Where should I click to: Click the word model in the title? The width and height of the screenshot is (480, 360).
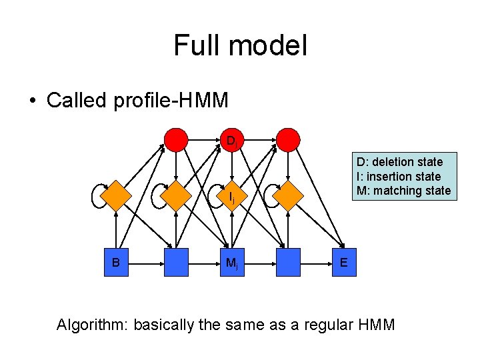pyautogui.click(x=268, y=46)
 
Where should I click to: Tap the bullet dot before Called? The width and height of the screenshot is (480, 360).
pyautogui.click(x=32, y=101)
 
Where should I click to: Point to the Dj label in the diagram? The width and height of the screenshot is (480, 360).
pyautogui.click(x=231, y=141)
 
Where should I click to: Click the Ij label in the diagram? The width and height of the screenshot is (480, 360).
pyautogui.click(x=231, y=197)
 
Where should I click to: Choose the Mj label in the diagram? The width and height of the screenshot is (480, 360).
pyautogui.click(x=231, y=263)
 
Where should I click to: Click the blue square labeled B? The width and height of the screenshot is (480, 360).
pyautogui.click(x=116, y=262)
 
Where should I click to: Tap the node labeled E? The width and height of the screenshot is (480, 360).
pyautogui.click(x=343, y=262)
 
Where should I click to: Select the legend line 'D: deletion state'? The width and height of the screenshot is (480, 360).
pyautogui.click(x=399, y=162)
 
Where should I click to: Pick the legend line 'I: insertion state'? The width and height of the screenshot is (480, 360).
pyautogui.click(x=399, y=176)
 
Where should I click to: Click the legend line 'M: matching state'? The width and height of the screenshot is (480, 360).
pyautogui.click(x=403, y=191)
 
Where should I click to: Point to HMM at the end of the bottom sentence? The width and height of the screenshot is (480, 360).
pyautogui.click(x=377, y=325)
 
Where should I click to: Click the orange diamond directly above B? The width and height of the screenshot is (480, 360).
pyautogui.click(x=116, y=196)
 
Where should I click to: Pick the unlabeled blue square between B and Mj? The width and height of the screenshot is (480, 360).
pyautogui.click(x=176, y=262)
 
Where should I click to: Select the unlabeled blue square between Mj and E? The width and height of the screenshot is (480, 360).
pyautogui.click(x=289, y=262)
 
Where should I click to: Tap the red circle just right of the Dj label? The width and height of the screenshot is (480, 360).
pyautogui.click(x=289, y=140)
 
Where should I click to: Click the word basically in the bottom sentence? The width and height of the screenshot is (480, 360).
pyautogui.click(x=163, y=325)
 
